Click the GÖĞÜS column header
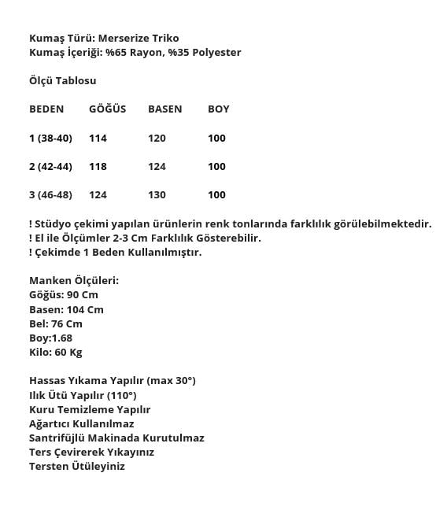pos(107,109)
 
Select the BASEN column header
pos(164,109)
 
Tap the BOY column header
pos(219,109)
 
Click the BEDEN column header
pos(46,109)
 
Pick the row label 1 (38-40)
pos(50,138)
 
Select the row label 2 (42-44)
pos(50,166)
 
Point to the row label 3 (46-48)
pos(50,194)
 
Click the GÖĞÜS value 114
pos(98,138)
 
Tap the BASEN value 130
pos(157,194)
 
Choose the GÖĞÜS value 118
pos(98,166)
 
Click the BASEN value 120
pos(157,138)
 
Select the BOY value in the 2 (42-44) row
pos(216,166)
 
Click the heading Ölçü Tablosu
pos(63,80)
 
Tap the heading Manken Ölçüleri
pos(74,280)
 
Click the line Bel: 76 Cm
pos(56,323)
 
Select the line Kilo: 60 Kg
pos(56,352)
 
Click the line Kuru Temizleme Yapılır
pos(90,409)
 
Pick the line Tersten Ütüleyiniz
pos(77,466)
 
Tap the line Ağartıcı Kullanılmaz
pos(82,423)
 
